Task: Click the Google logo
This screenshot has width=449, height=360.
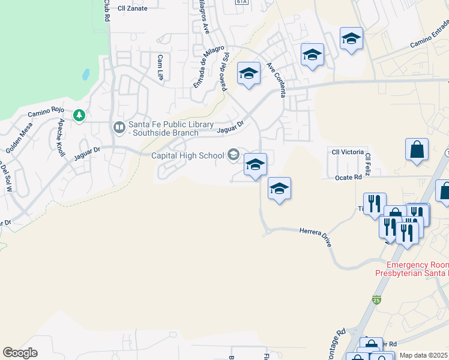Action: pyautogui.click(x=20, y=353)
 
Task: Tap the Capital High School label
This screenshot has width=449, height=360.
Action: pyautogui.click(x=187, y=156)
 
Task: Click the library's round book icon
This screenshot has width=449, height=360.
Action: pyautogui.click(x=119, y=127)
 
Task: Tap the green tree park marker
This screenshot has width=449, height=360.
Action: pyautogui.click(x=78, y=115)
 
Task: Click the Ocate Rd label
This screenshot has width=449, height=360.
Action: pyautogui.click(x=348, y=177)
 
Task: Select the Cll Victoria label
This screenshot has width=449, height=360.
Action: pyautogui.click(x=348, y=152)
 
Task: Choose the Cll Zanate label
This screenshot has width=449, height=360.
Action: pyautogui.click(x=133, y=8)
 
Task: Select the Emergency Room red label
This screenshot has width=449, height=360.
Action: pyautogui.click(x=417, y=265)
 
